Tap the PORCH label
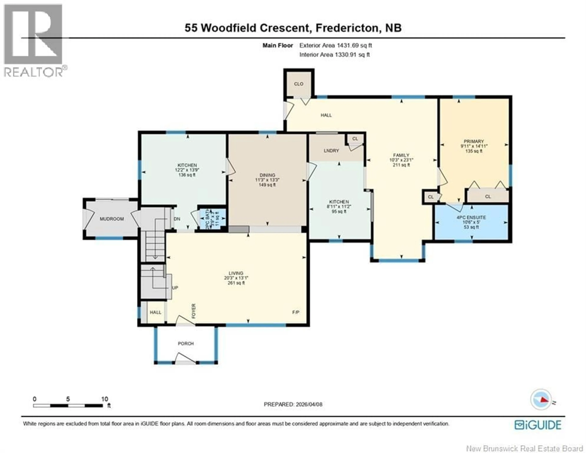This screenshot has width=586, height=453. click(186, 343)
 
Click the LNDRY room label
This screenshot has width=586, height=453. click(331, 151)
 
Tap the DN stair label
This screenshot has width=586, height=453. click(177, 219)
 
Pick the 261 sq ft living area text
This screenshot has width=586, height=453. click(236, 283)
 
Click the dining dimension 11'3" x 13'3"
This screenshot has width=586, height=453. click(267, 180)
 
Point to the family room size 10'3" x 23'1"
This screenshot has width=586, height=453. click(401, 160)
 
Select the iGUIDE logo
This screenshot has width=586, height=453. click(538, 425)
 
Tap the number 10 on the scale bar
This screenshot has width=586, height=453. click(105, 399)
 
